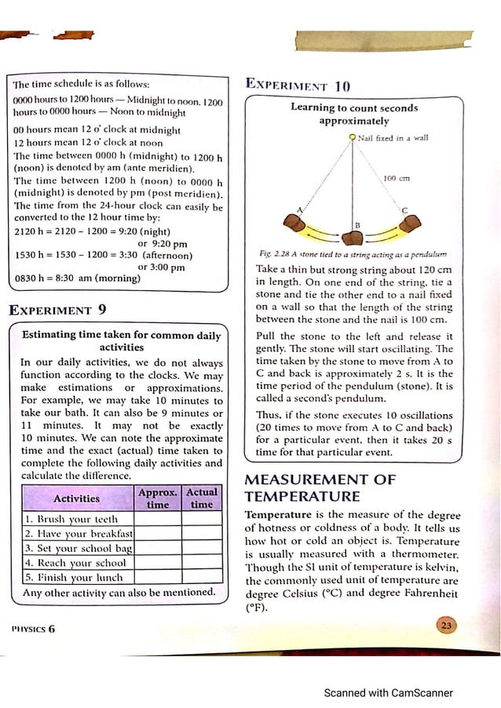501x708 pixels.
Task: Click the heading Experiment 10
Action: point(298,85)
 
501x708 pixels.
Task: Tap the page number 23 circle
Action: point(446,624)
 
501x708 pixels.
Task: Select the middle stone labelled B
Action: point(355,238)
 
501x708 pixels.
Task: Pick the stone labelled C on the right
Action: point(411,224)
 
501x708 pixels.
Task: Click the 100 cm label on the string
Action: point(396,179)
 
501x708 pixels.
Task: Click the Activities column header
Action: point(76,498)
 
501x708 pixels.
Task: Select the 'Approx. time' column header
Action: point(158,499)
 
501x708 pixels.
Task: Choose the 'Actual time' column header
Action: point(202,499)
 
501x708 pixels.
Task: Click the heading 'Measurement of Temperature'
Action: point(320,488)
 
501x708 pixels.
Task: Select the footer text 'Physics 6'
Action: point(33,629)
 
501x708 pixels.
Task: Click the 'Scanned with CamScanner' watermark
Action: point(389,692)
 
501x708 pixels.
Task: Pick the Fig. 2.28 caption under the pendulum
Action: point(353,254)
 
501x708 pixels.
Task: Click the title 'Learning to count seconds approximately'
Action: point(354,114)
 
